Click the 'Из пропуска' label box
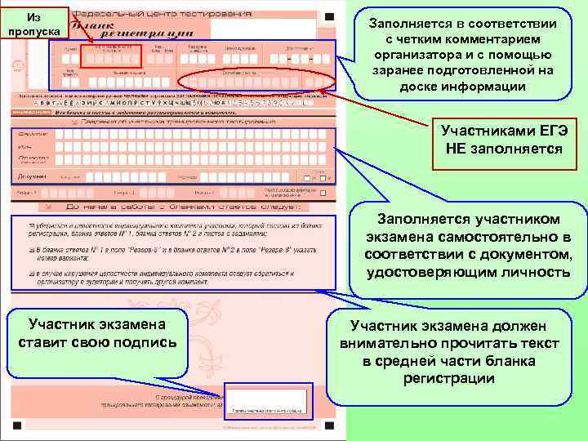(x=33, y=24)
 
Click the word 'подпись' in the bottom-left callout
(x=143, y=341)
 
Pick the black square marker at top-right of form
(x=327, y=16)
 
